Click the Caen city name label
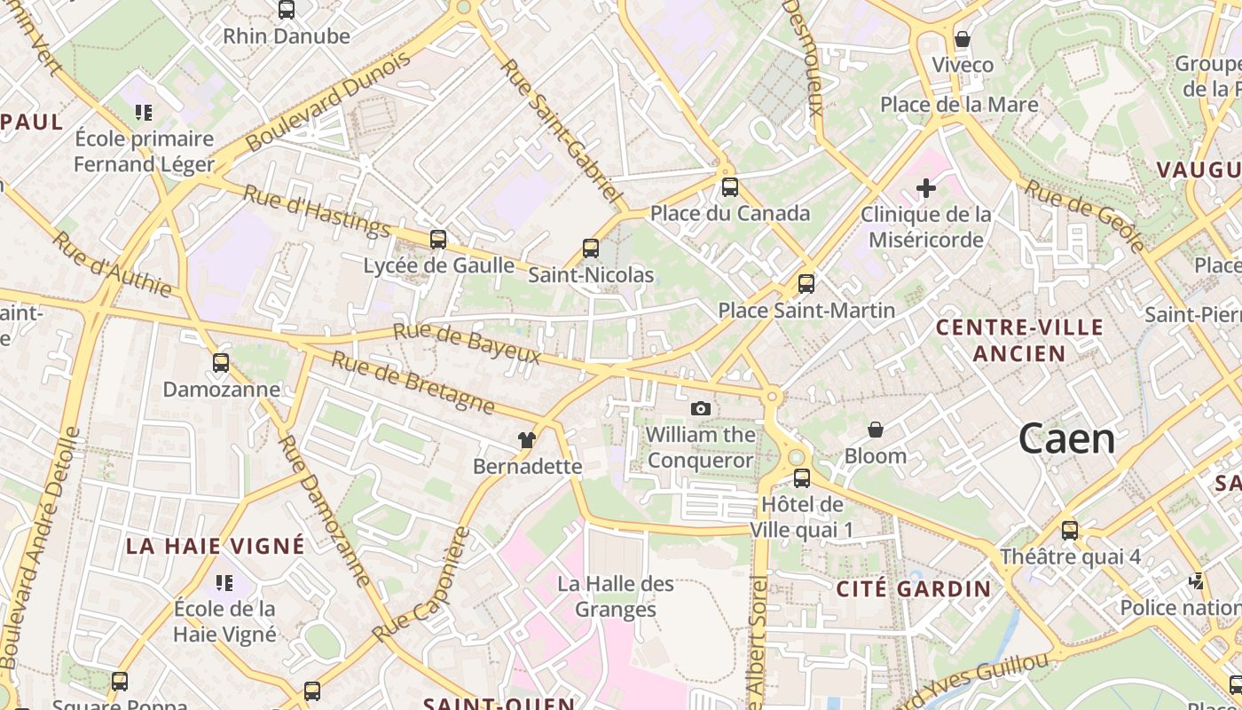[1066, 438]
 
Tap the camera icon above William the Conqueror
[701, 408]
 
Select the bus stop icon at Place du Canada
[729, 187]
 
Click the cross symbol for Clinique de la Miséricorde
[926, 188]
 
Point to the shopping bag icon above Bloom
[876, 430]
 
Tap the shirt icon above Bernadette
[528, 439]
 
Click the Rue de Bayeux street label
[467, 343]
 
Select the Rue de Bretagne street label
[413, 383]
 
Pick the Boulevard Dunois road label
[328, 100]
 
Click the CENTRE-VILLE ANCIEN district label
[1019, 340]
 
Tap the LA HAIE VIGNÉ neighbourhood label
[215, 546]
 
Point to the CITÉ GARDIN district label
[914, 589]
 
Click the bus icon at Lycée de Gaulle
[437, 239]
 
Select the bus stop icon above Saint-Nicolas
[591, 248]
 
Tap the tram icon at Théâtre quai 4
[1070, 531]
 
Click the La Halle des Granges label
[616, 596]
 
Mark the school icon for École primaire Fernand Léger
[144, 112]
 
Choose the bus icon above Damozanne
[221, 362]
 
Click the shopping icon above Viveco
[963, 39]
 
